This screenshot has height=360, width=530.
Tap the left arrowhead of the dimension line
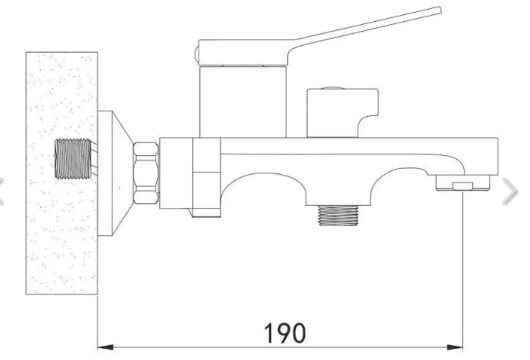pos(105,347)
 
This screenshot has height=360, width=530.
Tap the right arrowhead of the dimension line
pos(455,347)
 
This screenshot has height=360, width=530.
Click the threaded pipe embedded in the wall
pos(73,159)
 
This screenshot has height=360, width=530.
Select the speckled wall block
pos(62,173)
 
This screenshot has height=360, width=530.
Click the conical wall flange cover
pos(114,173)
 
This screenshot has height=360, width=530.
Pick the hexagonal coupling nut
pos(146,173)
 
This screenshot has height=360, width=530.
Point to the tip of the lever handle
pos(440,11)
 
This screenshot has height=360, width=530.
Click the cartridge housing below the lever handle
pos(243,101)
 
